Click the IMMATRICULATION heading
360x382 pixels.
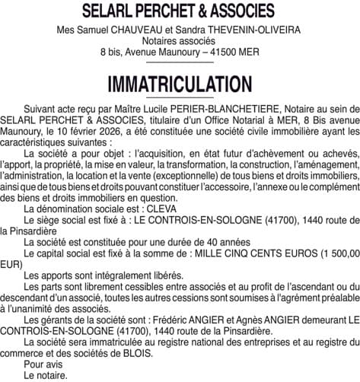coord(180,82)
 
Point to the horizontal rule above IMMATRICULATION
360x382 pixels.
coord(180,67)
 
